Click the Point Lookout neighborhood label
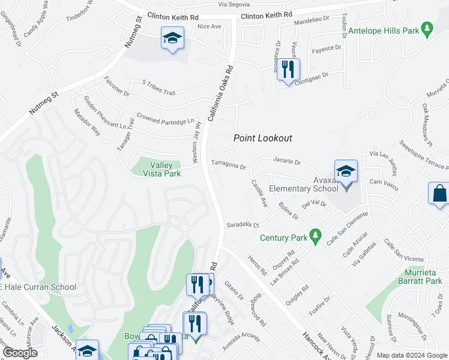(262, 138)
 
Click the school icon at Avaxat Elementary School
(346, 172)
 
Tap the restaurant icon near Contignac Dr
(288, 69)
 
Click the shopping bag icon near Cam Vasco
(439, 194)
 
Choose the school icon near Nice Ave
(172, 39)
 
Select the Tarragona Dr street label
(229, 166)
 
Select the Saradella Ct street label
(241, 226)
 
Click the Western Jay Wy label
(196, 142)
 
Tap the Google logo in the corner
(20, 353)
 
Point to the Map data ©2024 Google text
(412, 355)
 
